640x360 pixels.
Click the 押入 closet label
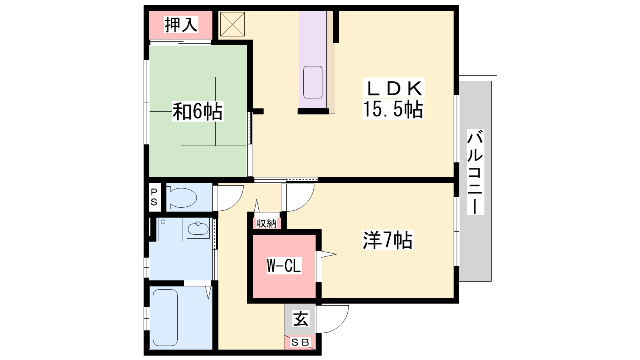(x=181, y=24)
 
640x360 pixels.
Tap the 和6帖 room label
(x=198, y=111)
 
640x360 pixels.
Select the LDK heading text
(x=394, y=88)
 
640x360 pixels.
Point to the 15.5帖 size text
(x=393, y=109)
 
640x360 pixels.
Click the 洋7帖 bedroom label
(x=388, y=240)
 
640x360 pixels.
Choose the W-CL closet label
(x=284, y=266)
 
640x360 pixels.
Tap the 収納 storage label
(x=266, y=223)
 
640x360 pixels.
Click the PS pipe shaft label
(x=154, y=197)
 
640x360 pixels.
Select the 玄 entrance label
(x=300, y=319)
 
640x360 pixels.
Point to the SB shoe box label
(x=300, y=342)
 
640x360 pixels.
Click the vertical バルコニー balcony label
(x=475, y=172)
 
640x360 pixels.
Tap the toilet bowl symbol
(x=182, y=198)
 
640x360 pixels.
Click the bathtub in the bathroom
(x=165, y=318)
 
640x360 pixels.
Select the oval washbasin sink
(x=198, y=228)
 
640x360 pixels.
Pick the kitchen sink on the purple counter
(x=312, y=82)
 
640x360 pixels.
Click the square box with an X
(x=232, y=24)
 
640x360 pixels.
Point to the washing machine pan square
(x=170, y=229)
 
